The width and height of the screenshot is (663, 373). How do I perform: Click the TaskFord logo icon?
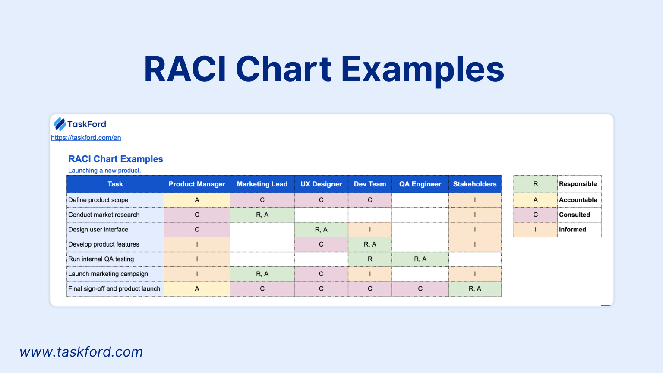click(60, 124)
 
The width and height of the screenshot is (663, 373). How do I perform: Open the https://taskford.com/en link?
click(86, 138)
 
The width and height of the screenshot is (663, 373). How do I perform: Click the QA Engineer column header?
click(420, 184)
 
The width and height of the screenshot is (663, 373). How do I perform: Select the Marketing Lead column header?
click(262, 184)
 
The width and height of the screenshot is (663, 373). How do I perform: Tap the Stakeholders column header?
click(474, 184)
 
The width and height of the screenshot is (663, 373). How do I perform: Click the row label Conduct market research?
click(104, 215)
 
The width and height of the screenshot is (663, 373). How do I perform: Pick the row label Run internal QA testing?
click(101, 259)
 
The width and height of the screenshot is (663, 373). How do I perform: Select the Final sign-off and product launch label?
click(114, 289)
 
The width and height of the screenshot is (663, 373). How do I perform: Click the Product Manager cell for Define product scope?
click(197, 200)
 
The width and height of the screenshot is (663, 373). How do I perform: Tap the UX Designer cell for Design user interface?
click(321, 230)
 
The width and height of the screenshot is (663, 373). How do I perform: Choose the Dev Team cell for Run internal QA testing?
click(370, 259)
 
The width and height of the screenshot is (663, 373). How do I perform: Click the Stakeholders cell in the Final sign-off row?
click(475, 289)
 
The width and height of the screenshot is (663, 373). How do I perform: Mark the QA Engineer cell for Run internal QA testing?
click(420, 259)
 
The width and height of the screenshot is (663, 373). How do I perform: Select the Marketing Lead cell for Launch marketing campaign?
click(262, 274)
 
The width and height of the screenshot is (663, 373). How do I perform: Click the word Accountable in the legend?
click(578, 200)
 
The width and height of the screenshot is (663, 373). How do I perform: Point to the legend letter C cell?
click(535, 215)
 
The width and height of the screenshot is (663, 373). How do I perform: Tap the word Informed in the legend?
click(572, 230)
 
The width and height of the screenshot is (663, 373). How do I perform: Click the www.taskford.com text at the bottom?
click(81, 352)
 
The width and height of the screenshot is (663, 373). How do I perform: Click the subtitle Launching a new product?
click(104, 171)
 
